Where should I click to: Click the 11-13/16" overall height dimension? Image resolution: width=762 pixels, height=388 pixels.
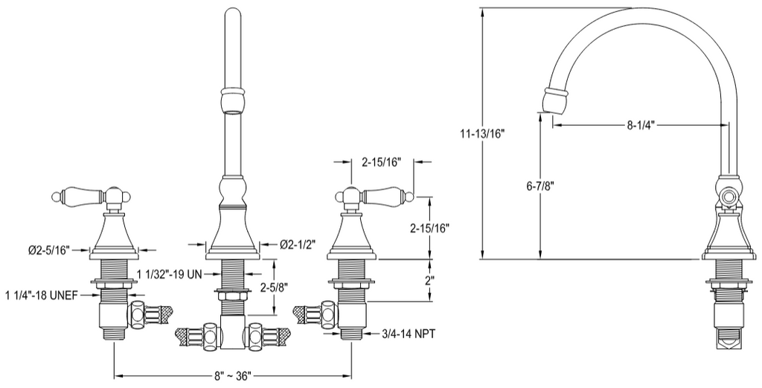(483, 134)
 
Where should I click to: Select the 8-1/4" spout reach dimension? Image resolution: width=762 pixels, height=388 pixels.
(641, 125)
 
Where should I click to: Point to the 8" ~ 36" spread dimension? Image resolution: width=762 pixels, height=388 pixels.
(232, 376)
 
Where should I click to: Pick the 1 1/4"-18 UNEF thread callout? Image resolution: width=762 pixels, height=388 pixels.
(42, 295)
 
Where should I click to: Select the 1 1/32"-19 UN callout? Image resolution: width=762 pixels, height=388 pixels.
(169, 275)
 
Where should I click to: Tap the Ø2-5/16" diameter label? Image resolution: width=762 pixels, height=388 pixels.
(49, 250)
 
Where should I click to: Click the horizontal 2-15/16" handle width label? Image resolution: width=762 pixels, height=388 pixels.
(381, 162)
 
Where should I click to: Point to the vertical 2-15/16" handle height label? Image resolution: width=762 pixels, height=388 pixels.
(429, 228)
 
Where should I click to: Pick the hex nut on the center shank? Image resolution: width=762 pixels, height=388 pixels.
(233, 295)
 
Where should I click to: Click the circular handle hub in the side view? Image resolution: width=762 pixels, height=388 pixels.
(728, 197)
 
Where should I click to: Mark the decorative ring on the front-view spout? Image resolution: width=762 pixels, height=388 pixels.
(232, 91)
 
